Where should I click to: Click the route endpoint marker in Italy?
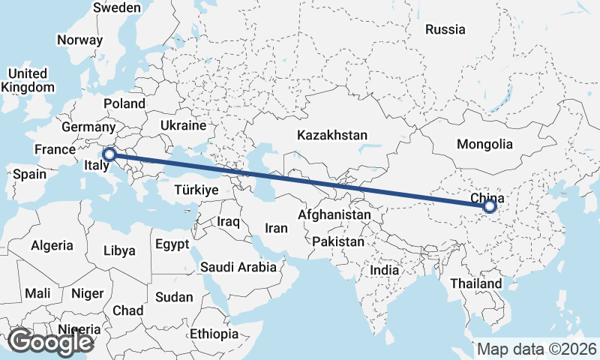(x=109, y=155)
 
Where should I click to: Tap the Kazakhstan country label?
(x=331, y=136)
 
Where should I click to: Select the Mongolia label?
(x=484, y=144)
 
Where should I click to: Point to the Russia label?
(x=445, y=30)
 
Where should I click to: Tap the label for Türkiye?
(x=196, y=190)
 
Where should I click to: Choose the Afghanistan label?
(x=334, y=215)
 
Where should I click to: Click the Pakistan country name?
(x=338, y=242)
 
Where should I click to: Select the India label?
(x=385, y=270)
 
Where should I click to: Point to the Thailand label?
(x=476, y=284)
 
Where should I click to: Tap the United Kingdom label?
(x=28, y=80)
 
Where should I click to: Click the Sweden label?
(x=117, y=7)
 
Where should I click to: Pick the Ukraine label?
(x=183, y=125)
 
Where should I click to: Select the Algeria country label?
(x=52, y=245)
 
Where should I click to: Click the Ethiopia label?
(x=214, y=334)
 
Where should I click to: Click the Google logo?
(x=51, y=342)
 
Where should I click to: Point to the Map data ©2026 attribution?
(x=536, y=349)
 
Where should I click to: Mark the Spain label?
(x=30, y=175)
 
